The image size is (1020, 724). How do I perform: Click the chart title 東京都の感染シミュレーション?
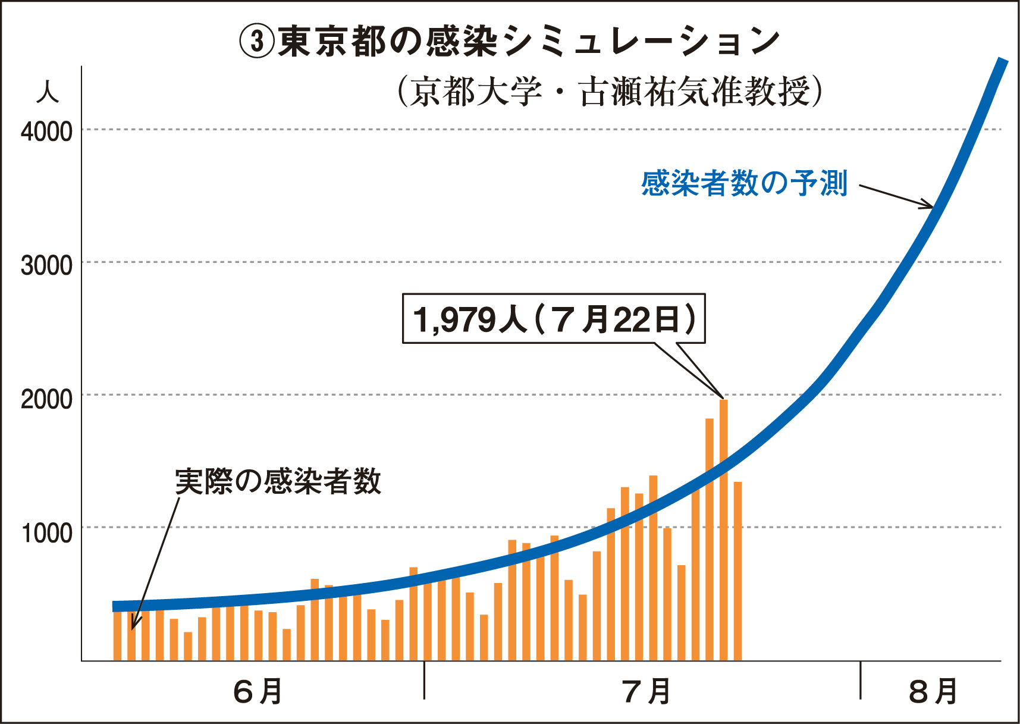tap(528, 42)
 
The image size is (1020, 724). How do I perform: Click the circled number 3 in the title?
tap(256, 42)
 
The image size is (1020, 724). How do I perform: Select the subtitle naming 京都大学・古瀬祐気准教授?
tap(610, 92)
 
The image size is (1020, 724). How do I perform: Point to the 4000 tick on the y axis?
tap(46, 131)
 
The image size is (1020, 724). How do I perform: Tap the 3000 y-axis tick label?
tap(46, 265)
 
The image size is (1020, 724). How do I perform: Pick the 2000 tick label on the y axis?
tap(46, 399)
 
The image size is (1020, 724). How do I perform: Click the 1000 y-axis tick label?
tap(46, 532)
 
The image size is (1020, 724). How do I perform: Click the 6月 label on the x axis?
tap(258, 691)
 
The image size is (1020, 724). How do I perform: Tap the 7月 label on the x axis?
tap(646, 691)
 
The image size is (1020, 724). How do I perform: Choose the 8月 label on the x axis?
tap(933, 691)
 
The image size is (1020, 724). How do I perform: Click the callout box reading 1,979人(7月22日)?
tap(554, 319)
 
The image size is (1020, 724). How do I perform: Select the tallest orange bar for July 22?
tap(724, 529)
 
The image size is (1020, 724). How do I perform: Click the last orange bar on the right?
tap(737, 571)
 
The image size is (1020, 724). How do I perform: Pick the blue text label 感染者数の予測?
tap(744, 183)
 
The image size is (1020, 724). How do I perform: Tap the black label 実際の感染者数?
tap(278, 481)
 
